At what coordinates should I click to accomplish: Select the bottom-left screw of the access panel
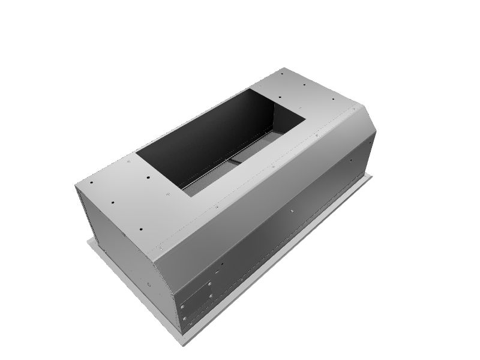click(x=185, y=319)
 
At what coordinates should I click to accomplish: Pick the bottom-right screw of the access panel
click(x=212, y=295)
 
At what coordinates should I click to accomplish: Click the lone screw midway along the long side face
click(x=292, y=211)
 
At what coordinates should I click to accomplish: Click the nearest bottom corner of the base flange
click(x=178, y=334)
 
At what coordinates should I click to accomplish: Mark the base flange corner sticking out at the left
click(x=89, y=240)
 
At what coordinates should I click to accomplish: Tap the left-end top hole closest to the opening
click(x=147, y=177)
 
